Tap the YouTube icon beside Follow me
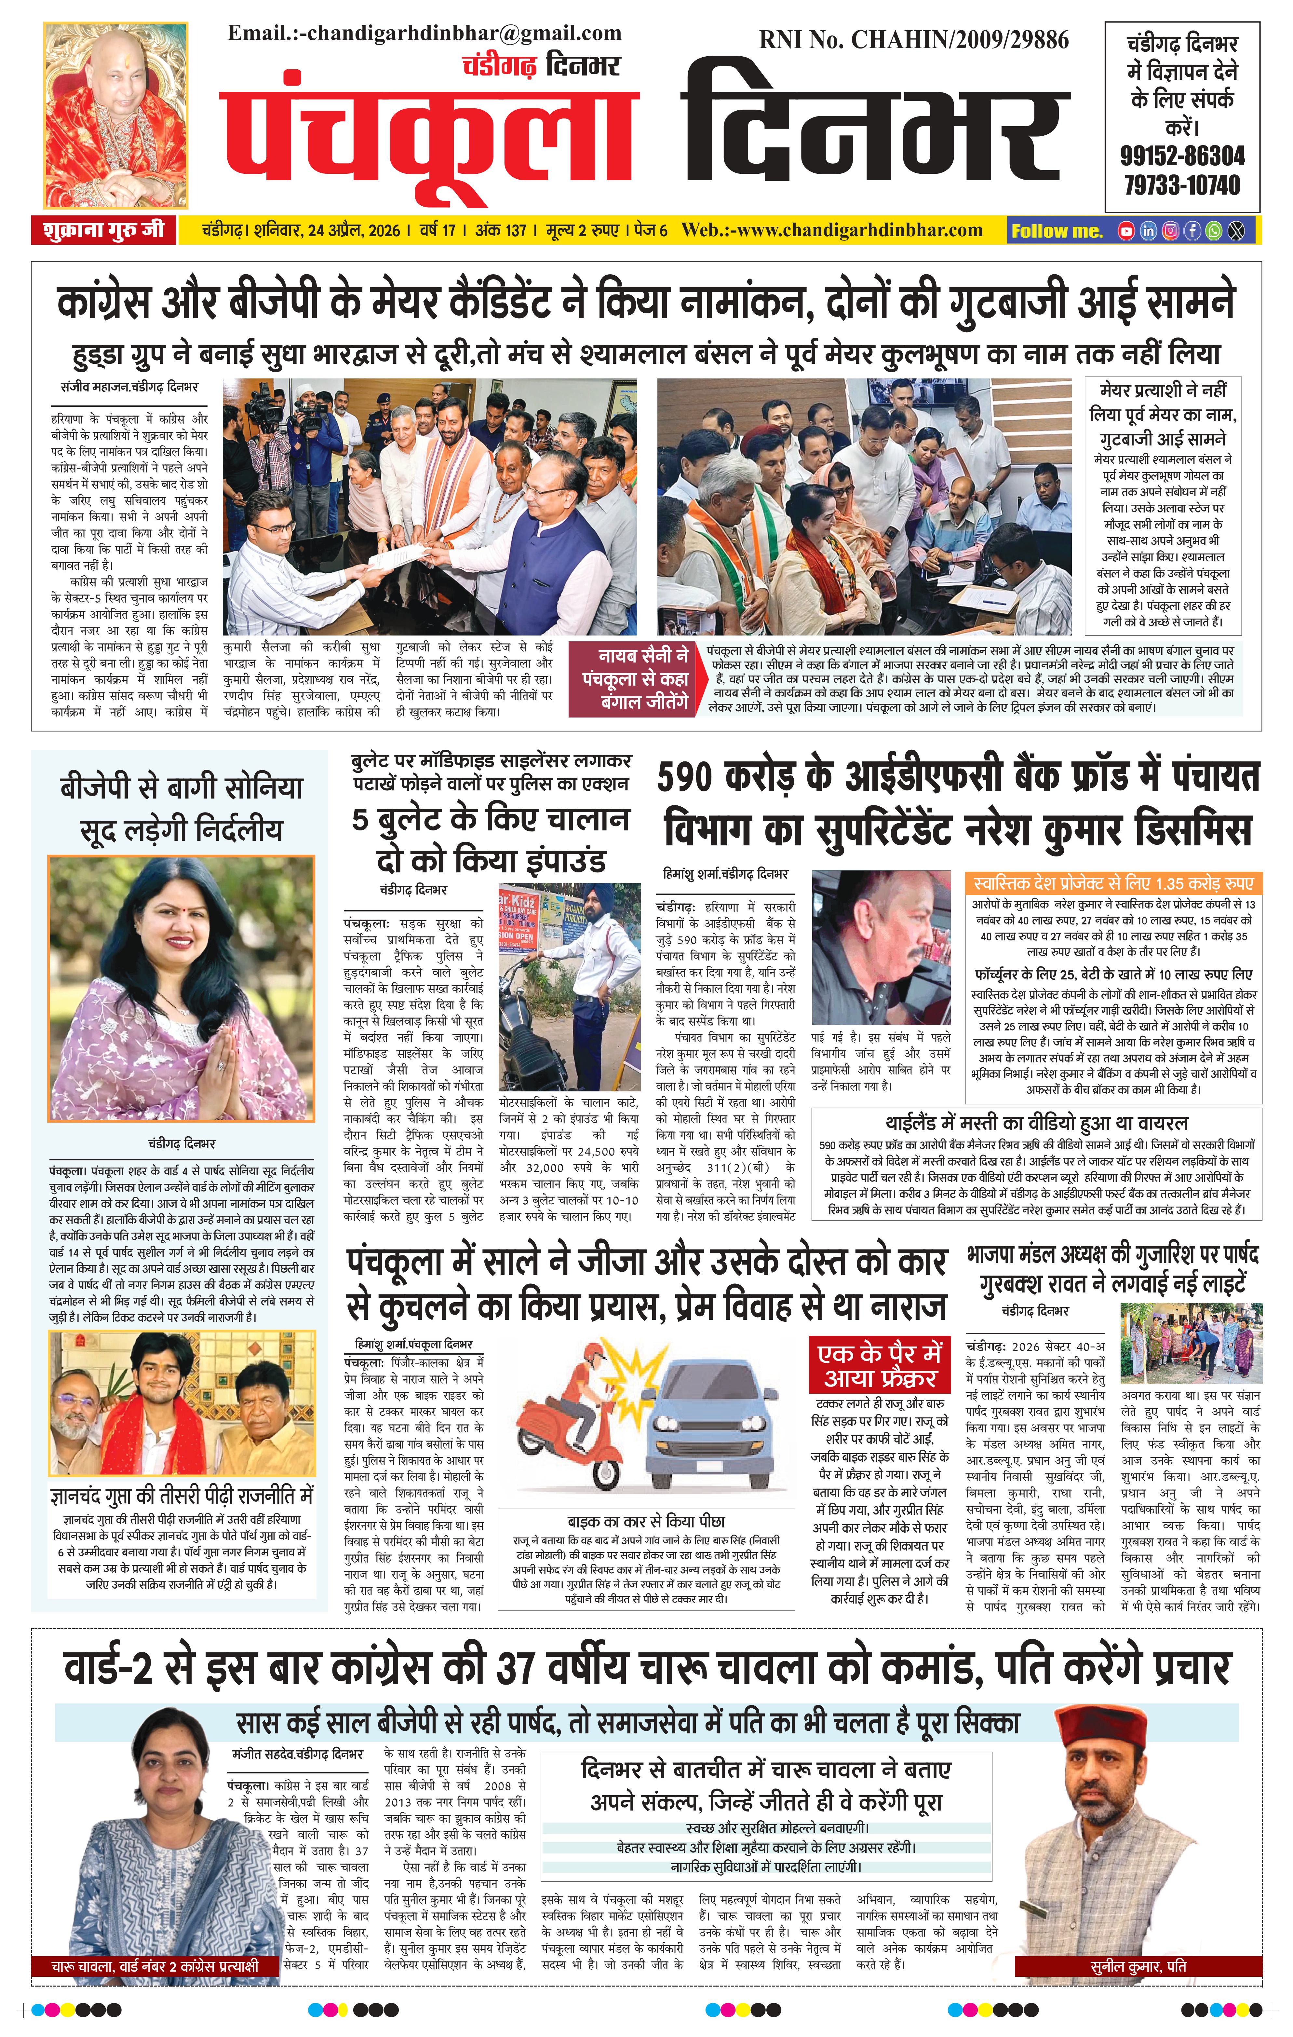1125,230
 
